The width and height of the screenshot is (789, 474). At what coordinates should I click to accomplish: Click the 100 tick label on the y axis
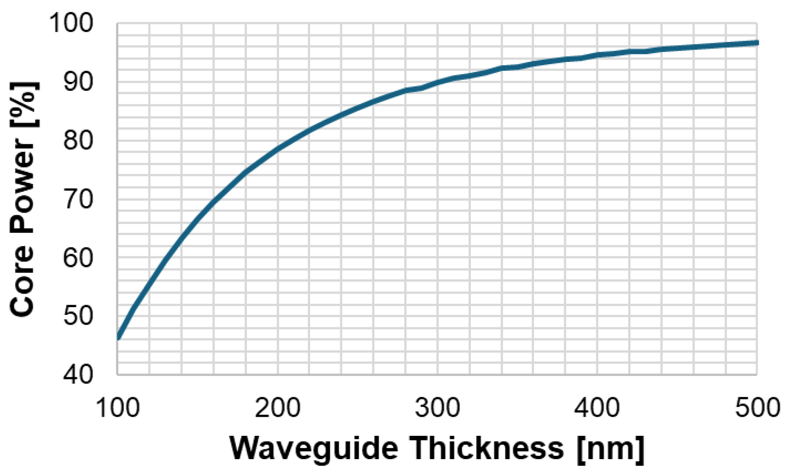coord(71,23)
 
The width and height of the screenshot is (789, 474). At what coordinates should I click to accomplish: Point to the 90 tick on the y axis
coord(78,81)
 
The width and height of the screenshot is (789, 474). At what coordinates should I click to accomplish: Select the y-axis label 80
coord(78,140)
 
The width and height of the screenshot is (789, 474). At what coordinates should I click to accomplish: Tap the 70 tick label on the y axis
coord(78,199)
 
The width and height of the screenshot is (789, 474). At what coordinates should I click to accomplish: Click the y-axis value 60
coord(78,257)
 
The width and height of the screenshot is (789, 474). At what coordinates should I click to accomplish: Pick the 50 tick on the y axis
coord(78,316)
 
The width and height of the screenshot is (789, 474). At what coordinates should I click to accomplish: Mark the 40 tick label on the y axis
coord(78,374)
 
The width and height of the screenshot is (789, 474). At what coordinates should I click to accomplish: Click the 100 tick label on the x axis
coord(118,408)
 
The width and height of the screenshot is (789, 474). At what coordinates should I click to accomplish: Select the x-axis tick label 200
coord(277,408)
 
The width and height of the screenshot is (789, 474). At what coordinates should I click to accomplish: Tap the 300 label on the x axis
coord(437,408)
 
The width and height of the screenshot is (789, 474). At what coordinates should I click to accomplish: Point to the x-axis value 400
coord(597,408)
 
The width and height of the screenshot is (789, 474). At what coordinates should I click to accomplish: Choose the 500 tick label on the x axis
coord(757,408)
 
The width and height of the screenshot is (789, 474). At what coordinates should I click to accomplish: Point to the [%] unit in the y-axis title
coord(24,104)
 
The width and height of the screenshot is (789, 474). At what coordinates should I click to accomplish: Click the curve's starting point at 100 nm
coord(118,338)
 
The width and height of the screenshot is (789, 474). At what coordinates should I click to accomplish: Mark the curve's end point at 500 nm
coord(757,42)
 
